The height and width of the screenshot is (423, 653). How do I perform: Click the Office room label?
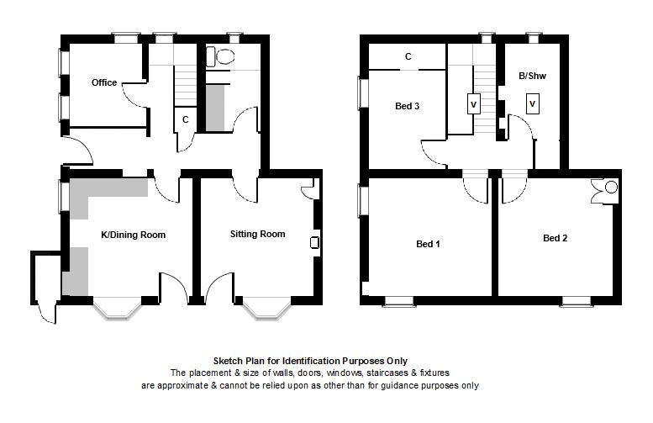104,82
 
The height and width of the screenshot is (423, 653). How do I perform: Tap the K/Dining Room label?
134,235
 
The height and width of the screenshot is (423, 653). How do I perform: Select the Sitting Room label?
258,234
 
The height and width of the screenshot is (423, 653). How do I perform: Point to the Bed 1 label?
428,244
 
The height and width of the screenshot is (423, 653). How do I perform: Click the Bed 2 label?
556,238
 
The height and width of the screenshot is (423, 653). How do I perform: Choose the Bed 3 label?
408,106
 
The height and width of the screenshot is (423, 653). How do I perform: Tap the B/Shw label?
532,76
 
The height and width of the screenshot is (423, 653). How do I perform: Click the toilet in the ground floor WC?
220,56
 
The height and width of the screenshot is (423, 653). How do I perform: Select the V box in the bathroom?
533,104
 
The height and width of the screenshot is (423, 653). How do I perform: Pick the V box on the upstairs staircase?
473,104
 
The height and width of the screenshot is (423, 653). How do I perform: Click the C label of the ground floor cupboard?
186,119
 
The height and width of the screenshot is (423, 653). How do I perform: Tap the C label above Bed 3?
408,56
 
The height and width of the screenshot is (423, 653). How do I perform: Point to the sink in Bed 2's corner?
606,191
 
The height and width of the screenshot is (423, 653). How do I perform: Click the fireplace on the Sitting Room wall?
315,242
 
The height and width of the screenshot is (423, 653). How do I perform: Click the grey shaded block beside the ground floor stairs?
215,108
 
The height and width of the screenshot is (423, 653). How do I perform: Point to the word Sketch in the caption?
229,361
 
